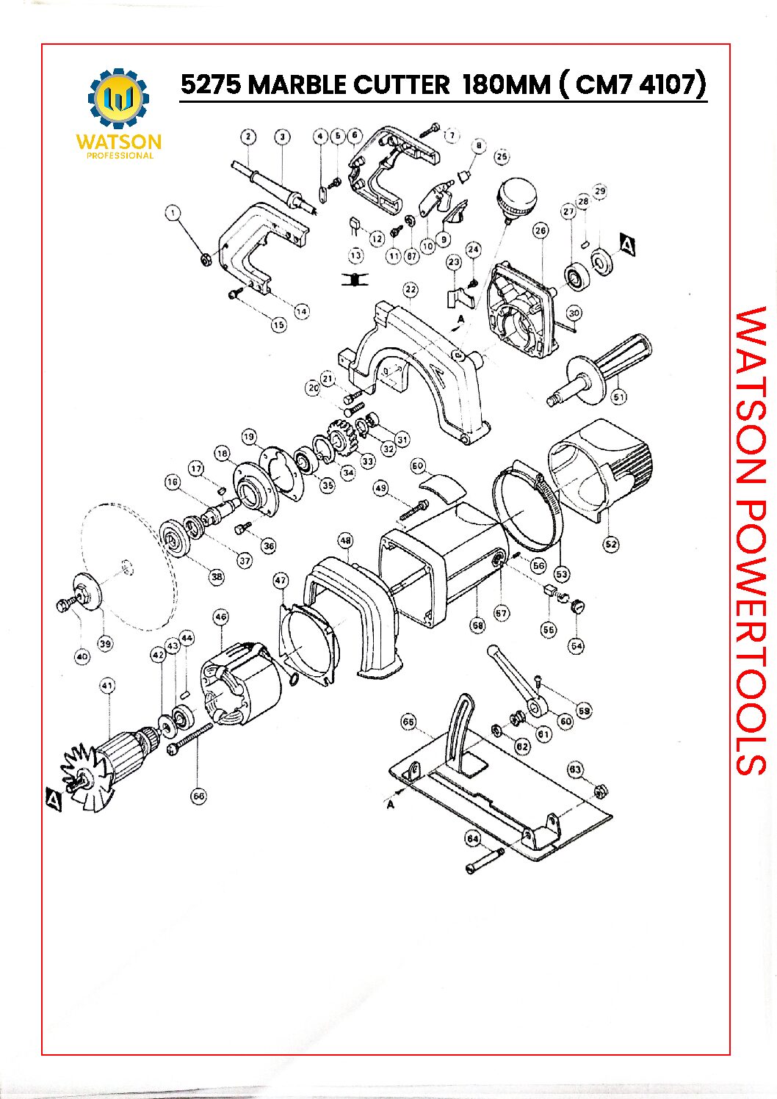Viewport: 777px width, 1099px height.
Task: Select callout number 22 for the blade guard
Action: pos(411,290)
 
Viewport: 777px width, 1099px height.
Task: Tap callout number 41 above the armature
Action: pos(107,686)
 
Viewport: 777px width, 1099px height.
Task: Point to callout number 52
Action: pos(610,544)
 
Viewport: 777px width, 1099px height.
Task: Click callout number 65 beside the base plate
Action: pos(408,722)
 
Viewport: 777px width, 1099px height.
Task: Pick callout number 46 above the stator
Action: pos(220,617)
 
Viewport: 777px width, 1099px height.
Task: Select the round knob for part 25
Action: pos(516,197)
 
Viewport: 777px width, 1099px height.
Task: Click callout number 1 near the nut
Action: pos(173,213)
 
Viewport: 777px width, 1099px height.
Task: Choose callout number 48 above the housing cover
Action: pos(345,541)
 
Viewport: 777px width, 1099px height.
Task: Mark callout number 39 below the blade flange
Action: pos(105,644)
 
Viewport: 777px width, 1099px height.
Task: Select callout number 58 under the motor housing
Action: pos(477,625)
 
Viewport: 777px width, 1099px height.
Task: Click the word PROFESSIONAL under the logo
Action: pos(120,156)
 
